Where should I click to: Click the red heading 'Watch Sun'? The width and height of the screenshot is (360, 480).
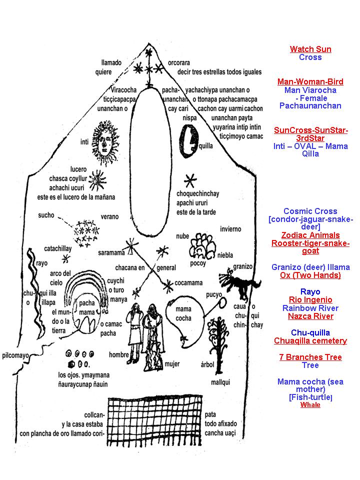(310, 49)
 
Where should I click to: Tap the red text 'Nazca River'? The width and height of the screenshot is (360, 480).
(310, 316)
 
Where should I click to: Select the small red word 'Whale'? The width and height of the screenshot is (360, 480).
(310, 405)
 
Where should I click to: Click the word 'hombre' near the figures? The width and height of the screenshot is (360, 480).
(119, 354)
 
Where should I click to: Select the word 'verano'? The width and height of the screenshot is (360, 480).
(109, 216)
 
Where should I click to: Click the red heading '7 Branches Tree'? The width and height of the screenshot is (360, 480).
(310, 357)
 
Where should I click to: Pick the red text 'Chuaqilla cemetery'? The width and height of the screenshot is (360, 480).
(310, 340)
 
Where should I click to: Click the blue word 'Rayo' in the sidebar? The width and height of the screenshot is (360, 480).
(310, 291)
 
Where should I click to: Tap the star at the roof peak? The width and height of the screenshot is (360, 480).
(148, 51)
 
